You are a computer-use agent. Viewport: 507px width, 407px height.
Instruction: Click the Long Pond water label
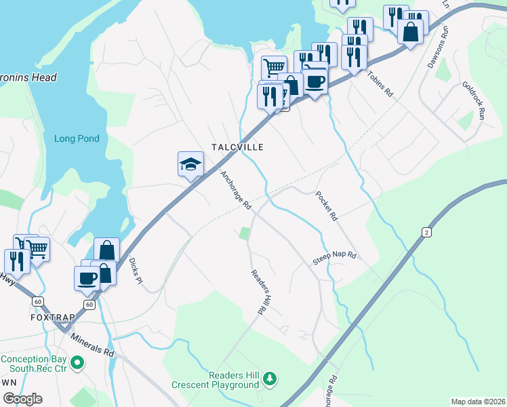point(77,139)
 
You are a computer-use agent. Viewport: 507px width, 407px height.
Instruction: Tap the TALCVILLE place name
point(237,147)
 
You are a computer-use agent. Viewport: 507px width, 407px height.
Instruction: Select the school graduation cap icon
point(191,164)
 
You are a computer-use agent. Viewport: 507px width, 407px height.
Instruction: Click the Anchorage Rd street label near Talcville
point(237,189)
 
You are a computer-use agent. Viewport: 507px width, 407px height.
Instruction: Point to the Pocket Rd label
point(326,206)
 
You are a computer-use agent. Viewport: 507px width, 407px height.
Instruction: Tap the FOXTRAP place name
point(51,317)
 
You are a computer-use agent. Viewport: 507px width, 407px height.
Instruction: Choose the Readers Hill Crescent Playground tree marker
point(270,379)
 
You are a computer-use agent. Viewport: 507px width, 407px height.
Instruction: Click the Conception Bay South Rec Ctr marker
point(77,364)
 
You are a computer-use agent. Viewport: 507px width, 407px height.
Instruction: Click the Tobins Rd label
point(380,85)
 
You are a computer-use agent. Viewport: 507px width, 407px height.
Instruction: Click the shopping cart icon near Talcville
point(273,67)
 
